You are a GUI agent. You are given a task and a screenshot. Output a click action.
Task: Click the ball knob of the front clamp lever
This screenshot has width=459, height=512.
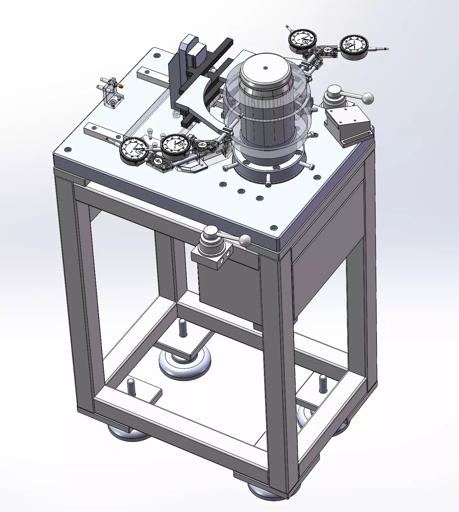pos(245,241)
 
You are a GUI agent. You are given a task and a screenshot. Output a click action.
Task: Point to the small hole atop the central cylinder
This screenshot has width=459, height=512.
pos(265,68)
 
